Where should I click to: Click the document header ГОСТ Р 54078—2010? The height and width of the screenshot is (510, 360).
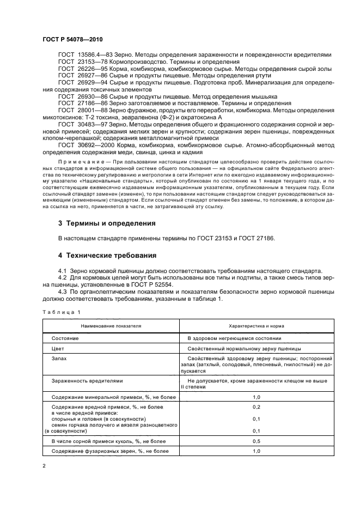click(72, 40)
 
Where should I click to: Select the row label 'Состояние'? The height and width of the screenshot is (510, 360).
click(65, 338)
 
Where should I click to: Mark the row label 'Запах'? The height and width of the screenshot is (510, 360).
click(59, 359)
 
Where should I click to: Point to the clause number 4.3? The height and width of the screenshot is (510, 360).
click(63, 292)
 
